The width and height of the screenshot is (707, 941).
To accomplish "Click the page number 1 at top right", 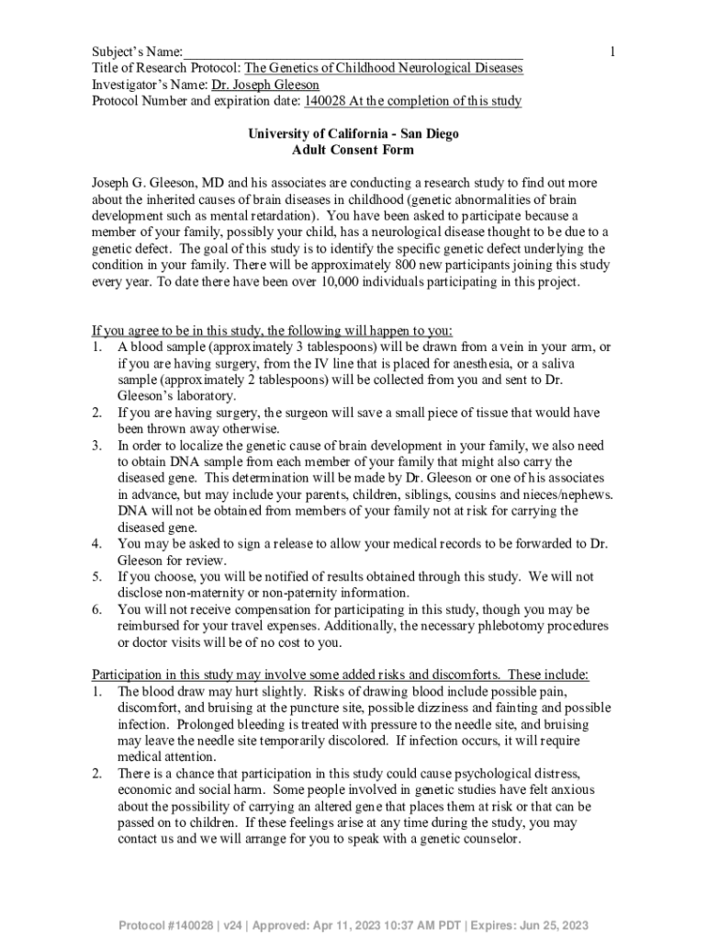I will click(612, 51).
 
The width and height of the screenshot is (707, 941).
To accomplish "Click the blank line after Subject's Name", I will click(353, 52).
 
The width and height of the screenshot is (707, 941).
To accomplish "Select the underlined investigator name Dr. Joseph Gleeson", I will click(265, 85).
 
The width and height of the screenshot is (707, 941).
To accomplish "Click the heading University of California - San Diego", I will click(353, 133).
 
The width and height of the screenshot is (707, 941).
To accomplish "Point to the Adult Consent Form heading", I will click(353, 150).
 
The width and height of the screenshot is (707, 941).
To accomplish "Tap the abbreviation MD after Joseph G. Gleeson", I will click(213, 183).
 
